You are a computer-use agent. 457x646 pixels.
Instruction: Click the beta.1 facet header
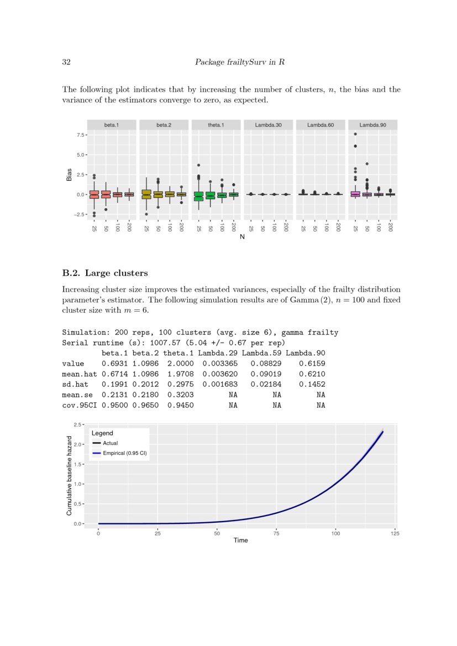click(x=112, y=125)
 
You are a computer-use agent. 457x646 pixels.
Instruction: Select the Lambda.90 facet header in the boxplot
click(x=372, y=125)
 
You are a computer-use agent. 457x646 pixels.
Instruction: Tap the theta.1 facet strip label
click(x=216, y=125)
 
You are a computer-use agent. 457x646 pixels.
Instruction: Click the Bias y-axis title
click(x=69, y=175)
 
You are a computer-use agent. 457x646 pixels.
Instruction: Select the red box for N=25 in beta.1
click(x=94, y=195)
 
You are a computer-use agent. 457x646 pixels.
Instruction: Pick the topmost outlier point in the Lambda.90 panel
click(x=355, y=134)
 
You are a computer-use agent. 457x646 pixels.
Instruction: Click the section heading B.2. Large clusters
click(x=105, y=273)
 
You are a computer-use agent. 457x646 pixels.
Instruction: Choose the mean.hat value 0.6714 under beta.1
click(x=115, y=374)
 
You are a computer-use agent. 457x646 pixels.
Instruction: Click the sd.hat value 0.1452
click(x=312, y=385)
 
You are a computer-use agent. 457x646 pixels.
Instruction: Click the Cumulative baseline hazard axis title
click(x=69, y=474)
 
